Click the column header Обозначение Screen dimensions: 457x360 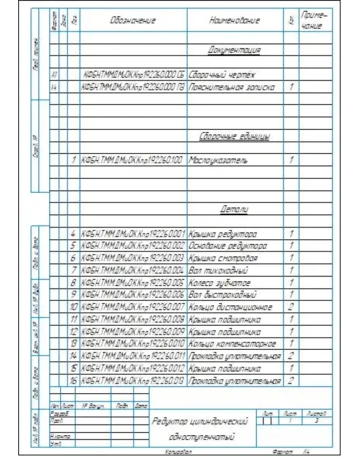click(133, 20)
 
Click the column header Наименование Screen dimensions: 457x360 click(235, 20)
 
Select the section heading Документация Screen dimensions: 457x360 click(234, 50)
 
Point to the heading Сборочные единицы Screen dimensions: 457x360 click(235, 137)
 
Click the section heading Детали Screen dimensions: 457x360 click(234, 210)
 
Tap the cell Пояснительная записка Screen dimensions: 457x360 click(231, 87)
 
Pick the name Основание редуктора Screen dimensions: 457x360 click(228, 246)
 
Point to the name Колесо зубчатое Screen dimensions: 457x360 click(220, 283)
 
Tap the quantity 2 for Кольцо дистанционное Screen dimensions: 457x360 click(291, 307)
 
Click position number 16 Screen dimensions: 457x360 click(73, 381)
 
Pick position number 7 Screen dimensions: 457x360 click(73, 271)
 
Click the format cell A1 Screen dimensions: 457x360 click(54, 74)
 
